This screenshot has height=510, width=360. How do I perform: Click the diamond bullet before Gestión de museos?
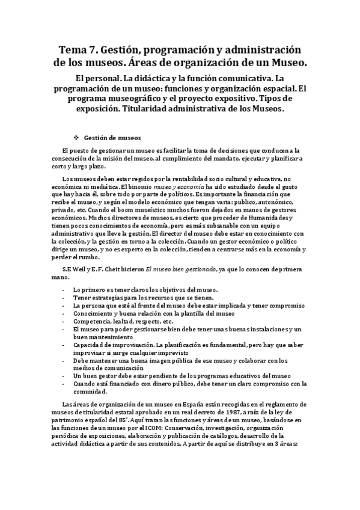(x=76, y=137)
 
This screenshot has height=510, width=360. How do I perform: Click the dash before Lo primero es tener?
(x=63, y=290)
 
